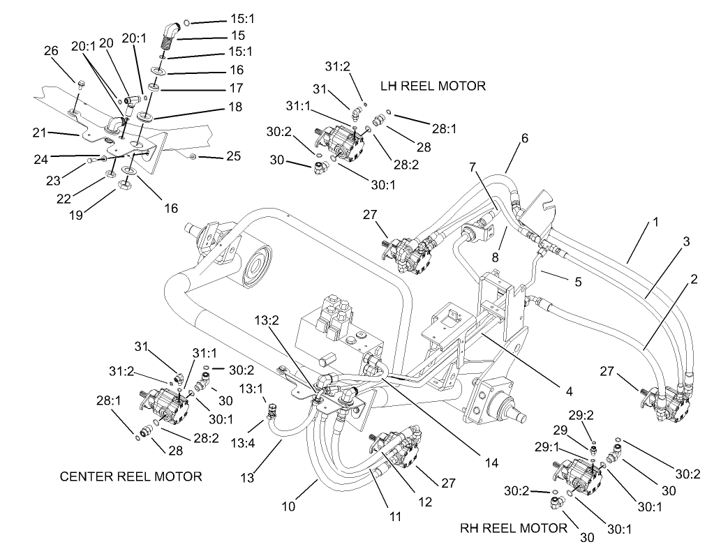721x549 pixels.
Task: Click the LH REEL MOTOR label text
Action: click(x=433, y=86)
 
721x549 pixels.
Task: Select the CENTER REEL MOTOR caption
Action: click(x=131, y=477)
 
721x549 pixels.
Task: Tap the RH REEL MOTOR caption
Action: click(x=514, y=528)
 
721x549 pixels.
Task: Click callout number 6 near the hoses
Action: click(x=523, y=138)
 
